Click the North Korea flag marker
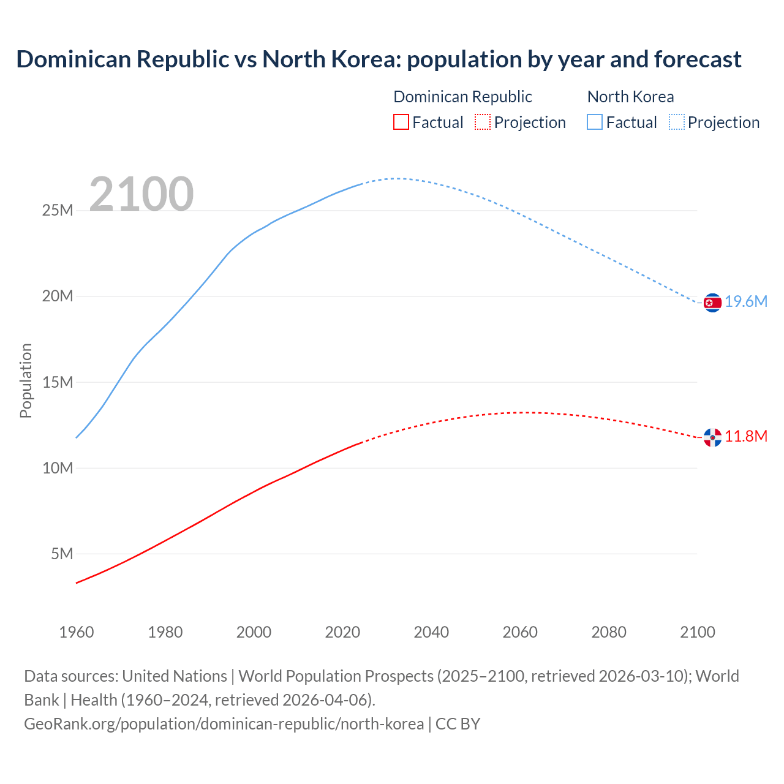coord(712,303)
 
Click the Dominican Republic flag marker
coord(712,437)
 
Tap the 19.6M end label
coord(746,302)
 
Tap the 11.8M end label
coord(746,437)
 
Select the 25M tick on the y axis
coord(58,211)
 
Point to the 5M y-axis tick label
coord(62,554)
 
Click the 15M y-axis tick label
coord(58,383)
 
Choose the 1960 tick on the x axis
coord(77,632)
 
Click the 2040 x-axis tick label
coord(431,632)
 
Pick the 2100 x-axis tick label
coord(697,632)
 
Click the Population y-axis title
coord(26,380)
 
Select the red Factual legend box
coord(401,122)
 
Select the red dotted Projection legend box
coord(483,122)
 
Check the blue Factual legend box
coord(595,122)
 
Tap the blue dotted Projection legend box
coord(677,122)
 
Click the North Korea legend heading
coord(630,97)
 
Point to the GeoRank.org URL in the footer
coord(224,724)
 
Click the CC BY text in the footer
coord(458,724)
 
